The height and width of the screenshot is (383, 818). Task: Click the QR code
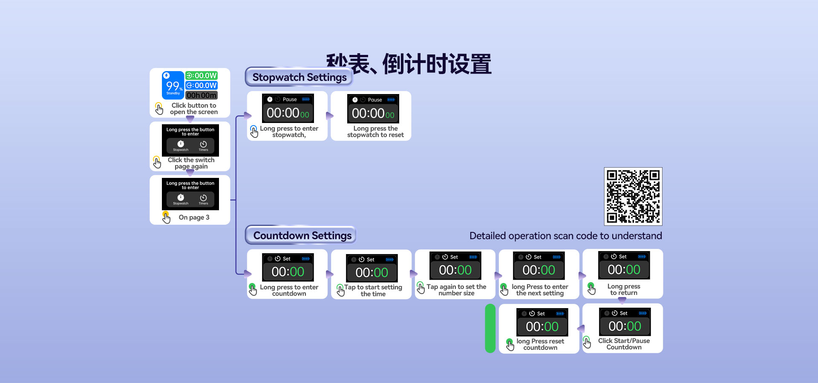(633, 196)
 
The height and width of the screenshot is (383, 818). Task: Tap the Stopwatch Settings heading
(299, 77)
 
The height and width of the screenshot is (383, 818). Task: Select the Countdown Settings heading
(302, 235)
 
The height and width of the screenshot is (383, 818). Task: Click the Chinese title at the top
(409, 64)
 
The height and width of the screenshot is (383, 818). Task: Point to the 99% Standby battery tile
(173, 86)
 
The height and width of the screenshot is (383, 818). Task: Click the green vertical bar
(490, 328)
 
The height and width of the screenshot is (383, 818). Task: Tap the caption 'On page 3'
(194, 217)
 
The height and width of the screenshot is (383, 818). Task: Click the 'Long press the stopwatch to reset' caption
(375, 131)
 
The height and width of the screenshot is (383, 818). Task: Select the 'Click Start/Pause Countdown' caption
(624, 344)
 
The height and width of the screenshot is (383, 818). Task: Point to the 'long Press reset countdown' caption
(540, 344)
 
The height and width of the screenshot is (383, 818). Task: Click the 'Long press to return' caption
(624, 289)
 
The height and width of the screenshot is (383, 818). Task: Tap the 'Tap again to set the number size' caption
(456, 290)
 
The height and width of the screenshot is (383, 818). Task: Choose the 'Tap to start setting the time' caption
(373, 290)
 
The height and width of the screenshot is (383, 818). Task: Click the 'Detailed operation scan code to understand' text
(565, 236)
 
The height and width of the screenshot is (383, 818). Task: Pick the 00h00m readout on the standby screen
(202, 95)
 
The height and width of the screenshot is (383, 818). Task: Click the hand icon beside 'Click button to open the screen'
(159, 109)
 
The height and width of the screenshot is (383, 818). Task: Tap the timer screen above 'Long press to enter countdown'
(288, 268)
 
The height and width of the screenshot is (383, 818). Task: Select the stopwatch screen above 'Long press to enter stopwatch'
(288, 109)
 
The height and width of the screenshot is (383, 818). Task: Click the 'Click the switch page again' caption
(191, 163)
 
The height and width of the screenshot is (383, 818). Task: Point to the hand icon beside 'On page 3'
(166, 217)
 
